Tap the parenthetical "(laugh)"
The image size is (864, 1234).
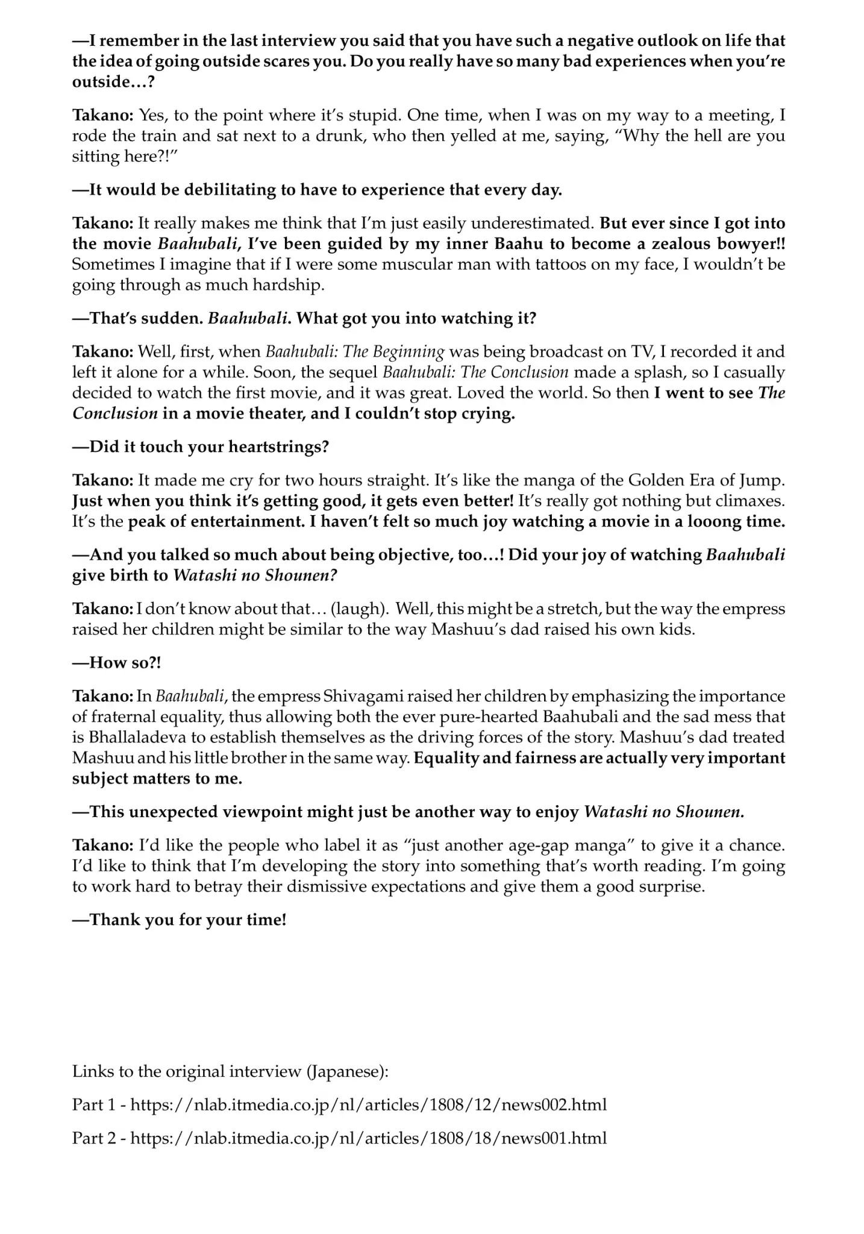point(358,609)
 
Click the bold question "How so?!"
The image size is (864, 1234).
point(117,663)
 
